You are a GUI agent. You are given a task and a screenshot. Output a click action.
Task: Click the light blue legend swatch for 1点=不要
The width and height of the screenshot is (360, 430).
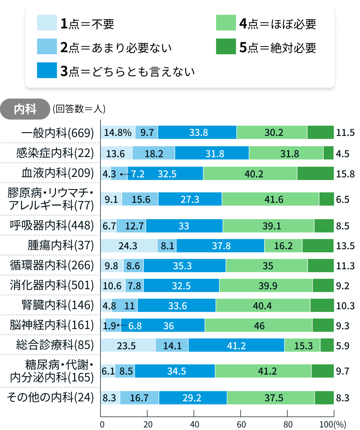(x=47, y=23)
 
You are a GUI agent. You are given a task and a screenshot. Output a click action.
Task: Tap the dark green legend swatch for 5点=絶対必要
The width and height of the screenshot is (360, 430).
(x=226, y=46)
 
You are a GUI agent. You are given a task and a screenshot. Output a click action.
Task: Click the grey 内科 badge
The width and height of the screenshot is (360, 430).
(x=25, y=109)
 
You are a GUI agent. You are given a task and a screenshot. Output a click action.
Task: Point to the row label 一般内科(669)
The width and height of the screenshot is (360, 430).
(x=58, y=133)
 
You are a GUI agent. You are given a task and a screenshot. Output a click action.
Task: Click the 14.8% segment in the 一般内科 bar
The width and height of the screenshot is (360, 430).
(x=118, y=132)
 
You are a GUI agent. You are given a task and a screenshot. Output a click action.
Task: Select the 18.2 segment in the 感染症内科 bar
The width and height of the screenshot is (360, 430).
(x=154, y=153)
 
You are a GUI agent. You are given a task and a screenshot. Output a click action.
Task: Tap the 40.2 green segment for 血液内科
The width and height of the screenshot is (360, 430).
(x=250, y=174)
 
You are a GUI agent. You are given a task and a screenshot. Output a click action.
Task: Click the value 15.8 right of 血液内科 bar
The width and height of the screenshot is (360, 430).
(x=345, y=174)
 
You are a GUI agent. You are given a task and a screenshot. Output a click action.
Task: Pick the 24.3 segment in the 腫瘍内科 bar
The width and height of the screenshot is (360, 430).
(x=128, y=246)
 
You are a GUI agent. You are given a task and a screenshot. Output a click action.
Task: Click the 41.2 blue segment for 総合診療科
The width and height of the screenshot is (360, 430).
(x=236, y=346)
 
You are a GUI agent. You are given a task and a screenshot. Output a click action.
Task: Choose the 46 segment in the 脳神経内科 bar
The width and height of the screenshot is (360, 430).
(x=259, y=326)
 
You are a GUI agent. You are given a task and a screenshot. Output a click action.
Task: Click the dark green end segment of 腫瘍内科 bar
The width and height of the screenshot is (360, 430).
(x=318, y=246)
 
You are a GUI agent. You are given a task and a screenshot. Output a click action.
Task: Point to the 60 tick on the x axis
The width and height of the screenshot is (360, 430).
(x=241, y=424)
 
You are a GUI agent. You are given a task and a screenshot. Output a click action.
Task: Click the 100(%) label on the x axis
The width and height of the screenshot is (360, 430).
(x=332, y=424)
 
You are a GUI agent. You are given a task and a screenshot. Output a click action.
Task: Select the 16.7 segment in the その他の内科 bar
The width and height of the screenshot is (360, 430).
(x=139, y=398)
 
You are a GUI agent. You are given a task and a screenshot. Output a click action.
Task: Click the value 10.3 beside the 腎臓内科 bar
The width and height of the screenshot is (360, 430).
(x=345, y=306)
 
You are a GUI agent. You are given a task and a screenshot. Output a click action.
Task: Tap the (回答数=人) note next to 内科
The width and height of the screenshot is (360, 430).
(x=79, y=109)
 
